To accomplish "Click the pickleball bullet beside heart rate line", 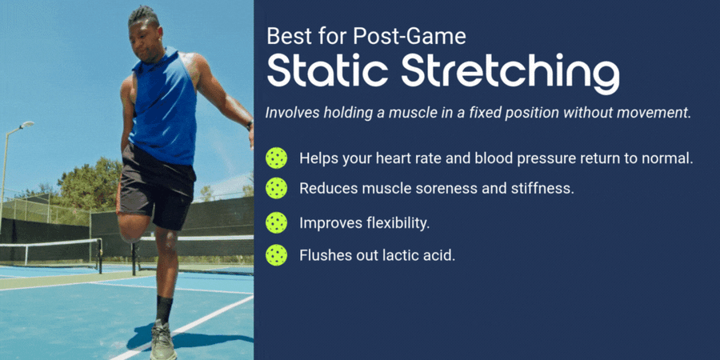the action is click(277, 158).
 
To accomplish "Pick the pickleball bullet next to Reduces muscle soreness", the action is click(277, 188).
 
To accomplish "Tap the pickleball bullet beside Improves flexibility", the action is click(277, 222).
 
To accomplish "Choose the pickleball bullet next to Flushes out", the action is click(277, 255).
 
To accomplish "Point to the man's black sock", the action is click(164, 310).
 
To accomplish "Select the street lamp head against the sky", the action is click(26, 125).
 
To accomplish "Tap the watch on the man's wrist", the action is click(250, 125).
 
